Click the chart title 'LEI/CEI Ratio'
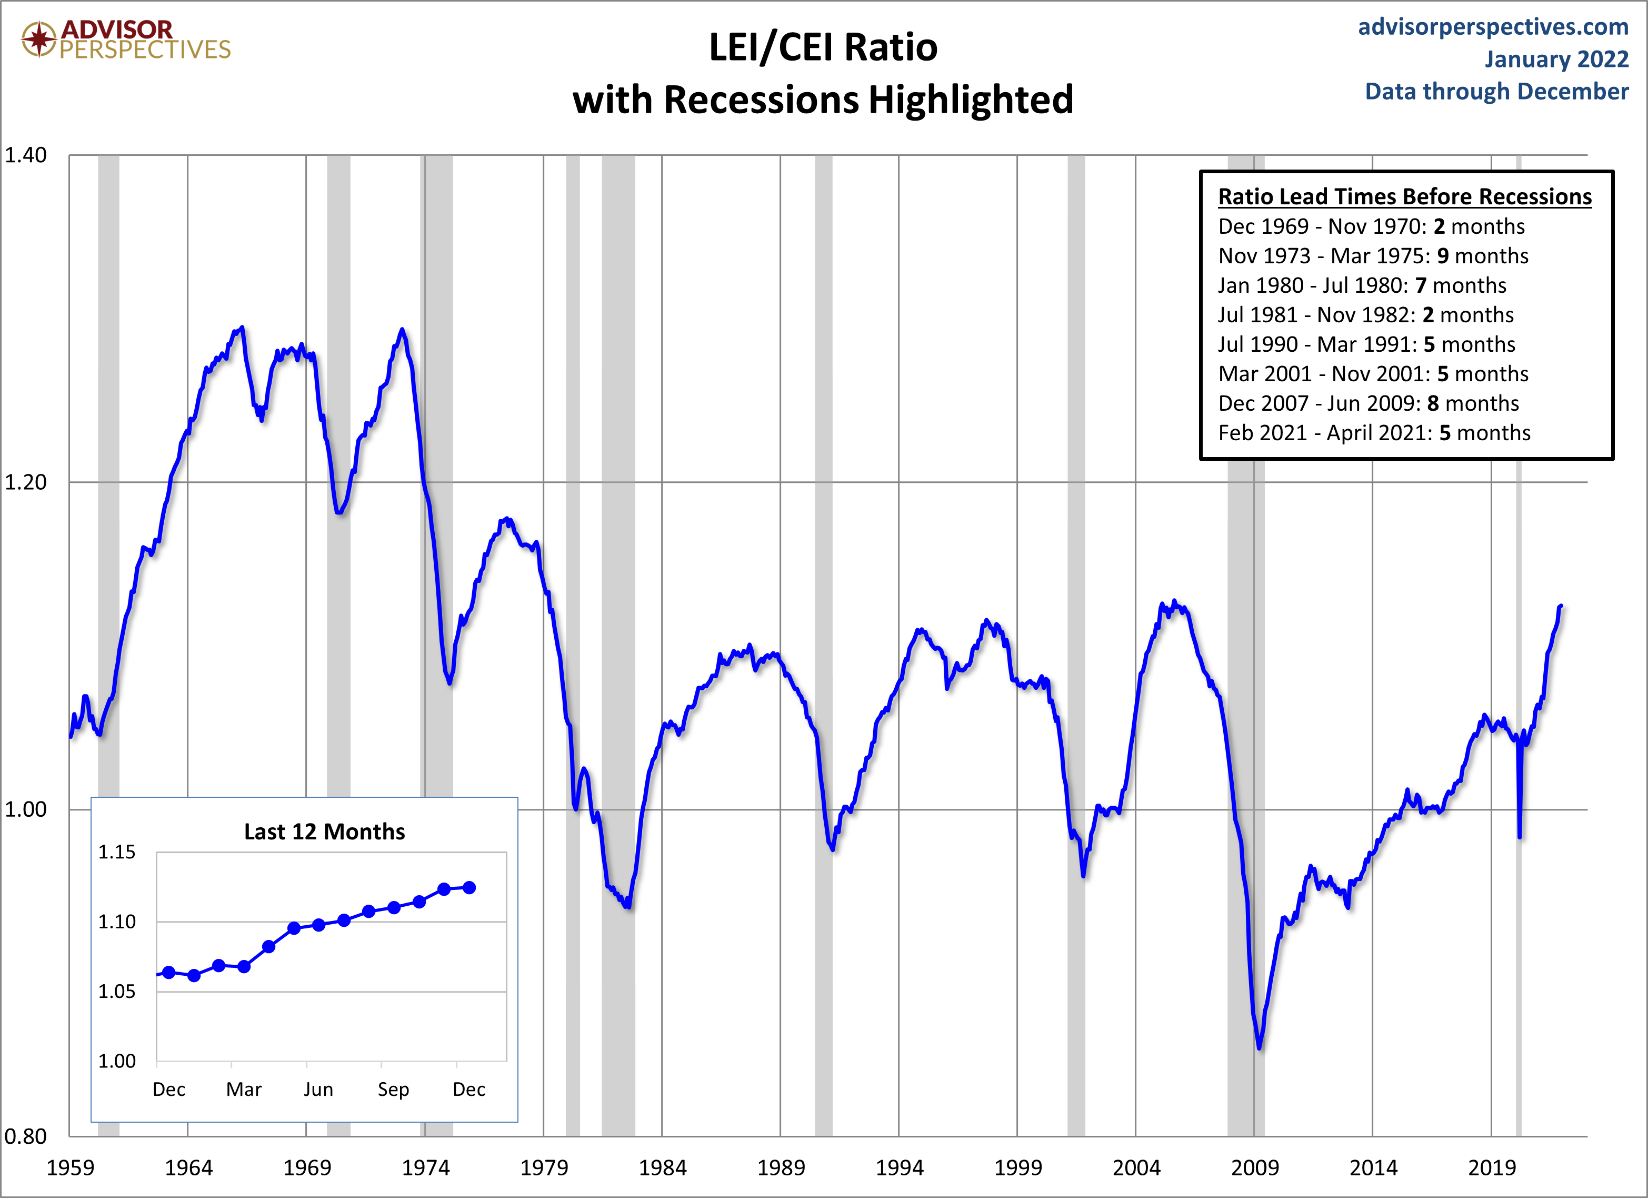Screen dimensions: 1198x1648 coord(823,47)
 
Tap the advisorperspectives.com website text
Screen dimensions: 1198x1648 coord(1493,27)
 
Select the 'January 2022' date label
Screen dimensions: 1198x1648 coord(1556,59)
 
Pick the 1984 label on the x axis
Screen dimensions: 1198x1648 coord(662,1168)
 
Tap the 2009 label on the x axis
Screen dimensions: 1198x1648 coord(1254,1168)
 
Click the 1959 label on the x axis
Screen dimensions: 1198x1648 coord(70,1168)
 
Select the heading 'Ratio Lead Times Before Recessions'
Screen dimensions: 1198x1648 coord(1405,197)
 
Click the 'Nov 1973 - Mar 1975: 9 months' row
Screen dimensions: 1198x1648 coord(1373,256)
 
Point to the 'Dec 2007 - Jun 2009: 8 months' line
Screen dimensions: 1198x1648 coord(1369,403)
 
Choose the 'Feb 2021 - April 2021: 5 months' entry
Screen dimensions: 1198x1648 coord(1374,433)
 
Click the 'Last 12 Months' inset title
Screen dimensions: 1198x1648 coord(324,831)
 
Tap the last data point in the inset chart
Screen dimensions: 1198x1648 coord(470,888)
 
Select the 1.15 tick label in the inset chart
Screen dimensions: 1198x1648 coord(117,852)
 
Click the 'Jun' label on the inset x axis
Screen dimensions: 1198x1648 coord(318,1090)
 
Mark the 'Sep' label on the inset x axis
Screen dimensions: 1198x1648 coord(393,1090)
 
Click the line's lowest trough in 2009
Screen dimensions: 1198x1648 coord(1259,1047)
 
